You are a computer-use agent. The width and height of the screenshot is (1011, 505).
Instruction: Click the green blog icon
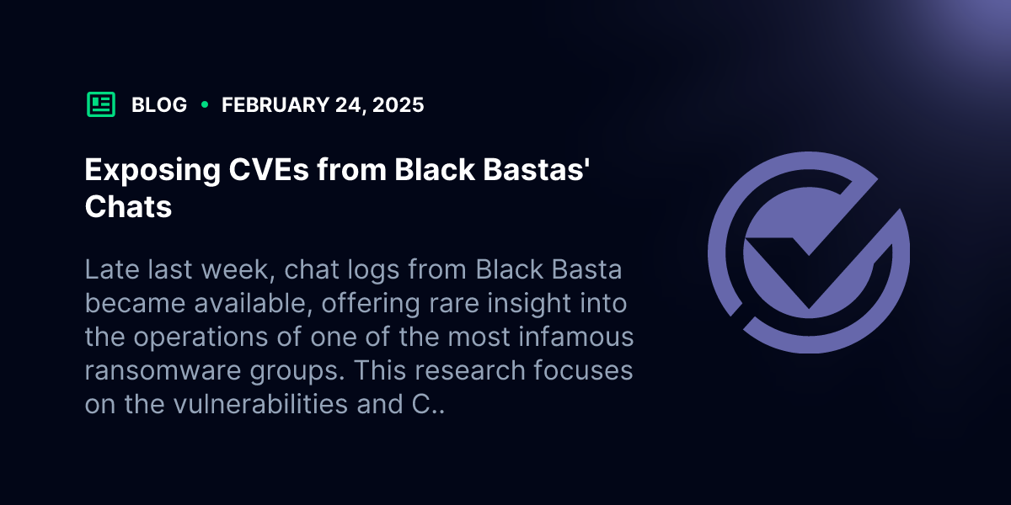tap(100, 104)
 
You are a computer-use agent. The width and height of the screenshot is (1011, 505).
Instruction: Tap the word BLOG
tap(159, 105)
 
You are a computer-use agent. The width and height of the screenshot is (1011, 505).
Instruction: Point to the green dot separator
tap(205, 104)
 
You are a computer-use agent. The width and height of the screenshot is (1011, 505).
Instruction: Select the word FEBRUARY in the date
tap(275, 105)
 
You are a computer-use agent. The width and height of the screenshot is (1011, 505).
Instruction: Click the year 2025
tap(398, 105)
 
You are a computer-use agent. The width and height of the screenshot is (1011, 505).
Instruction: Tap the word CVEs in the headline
tap(269, 169)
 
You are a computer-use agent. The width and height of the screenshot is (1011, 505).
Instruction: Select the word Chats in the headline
tap(129, 206)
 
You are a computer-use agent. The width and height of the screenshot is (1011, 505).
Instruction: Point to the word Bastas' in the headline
tap(536, 169)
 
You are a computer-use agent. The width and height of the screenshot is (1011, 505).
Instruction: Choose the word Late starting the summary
tap(112, 269)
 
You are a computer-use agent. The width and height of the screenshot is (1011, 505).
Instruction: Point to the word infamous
tap(576, 337)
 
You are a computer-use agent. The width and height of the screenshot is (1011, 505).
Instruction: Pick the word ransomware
tap(163, 370)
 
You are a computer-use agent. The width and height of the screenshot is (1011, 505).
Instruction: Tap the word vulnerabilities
tap(260, 403)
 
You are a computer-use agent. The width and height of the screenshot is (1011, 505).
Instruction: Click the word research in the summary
tap(470, 370)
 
